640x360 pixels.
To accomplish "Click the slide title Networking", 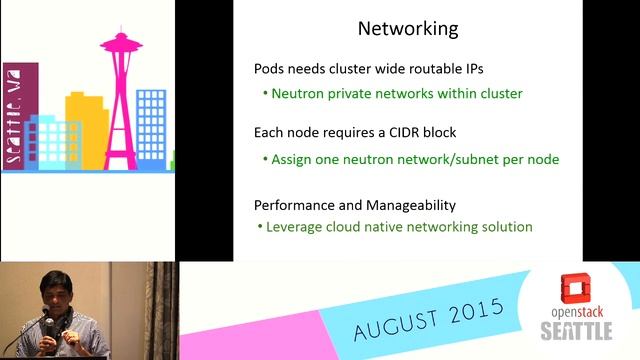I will tap(408, 29).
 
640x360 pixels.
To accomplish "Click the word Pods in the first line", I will tap(271, 70).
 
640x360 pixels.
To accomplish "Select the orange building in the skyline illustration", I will tap(85, 130).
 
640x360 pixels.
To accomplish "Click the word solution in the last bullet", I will tap(504, 227).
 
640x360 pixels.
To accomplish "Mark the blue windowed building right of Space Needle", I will tap(151, 125).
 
